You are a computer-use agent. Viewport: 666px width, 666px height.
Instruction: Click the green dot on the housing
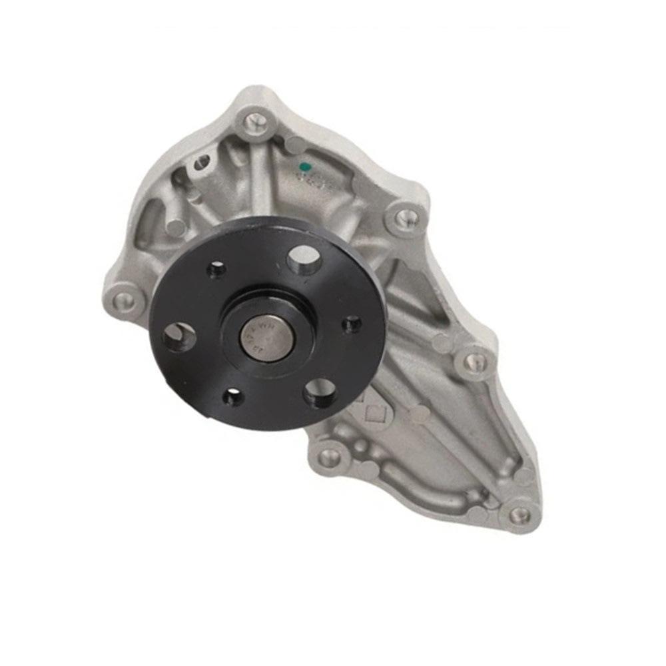coord(304,165)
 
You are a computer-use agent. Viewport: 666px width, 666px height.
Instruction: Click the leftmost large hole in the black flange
coord(178,337)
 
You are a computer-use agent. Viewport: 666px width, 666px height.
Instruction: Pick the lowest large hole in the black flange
coord(319,392)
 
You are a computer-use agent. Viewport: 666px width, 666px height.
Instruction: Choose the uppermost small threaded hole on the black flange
coord(216,270)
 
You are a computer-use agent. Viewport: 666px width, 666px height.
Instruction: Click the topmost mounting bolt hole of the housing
coord(253,122)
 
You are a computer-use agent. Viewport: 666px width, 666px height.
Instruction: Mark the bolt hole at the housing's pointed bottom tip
coord(518,513)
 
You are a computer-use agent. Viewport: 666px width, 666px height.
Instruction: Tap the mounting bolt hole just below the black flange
coord(328,456)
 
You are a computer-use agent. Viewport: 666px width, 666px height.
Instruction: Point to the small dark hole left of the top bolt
coord(202,161)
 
